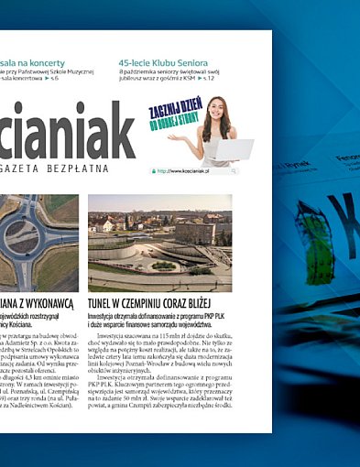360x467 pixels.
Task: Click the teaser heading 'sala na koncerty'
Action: point(33,63)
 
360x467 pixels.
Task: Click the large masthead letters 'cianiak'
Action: point(64,132)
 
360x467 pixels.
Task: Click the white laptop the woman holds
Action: point(233,148)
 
